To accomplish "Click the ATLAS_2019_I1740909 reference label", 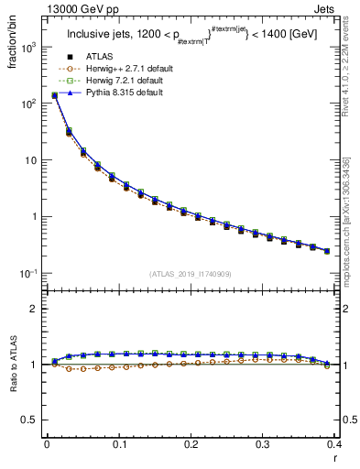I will coord(190,273).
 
